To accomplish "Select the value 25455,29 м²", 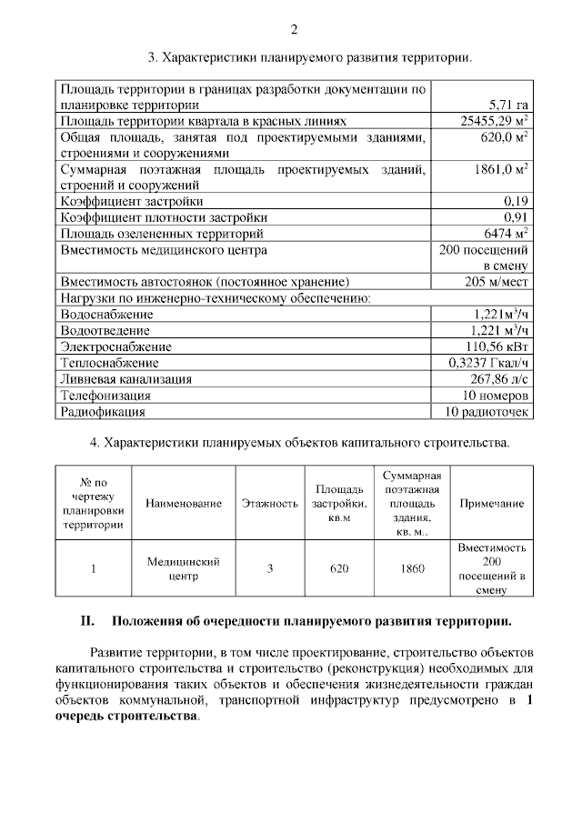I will click(x=496, y=120).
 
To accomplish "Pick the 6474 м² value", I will click(x=504, y=233).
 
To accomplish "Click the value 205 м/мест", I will click(x=497, y=281).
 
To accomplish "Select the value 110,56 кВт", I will click(x=497, y=346).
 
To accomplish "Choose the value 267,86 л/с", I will click(x=497, y=378).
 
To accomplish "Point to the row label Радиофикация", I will click(x=103, y=411).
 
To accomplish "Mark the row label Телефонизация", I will click(x=105, y=395).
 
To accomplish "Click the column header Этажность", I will click(x=270, y=504).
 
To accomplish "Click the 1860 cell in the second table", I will click(x=413, y=569).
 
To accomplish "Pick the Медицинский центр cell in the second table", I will click(x=183, y=569).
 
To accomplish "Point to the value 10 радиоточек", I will click(x=487, y=411).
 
